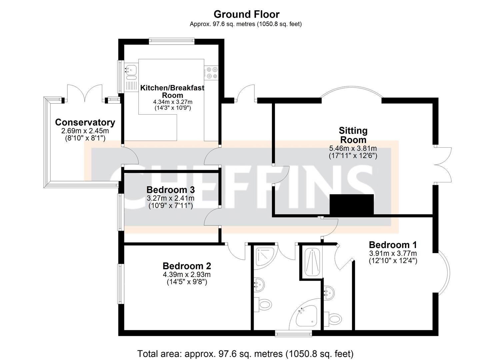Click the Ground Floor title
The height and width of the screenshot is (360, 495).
[246, 14]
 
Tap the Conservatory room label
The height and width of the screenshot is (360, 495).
[85, 122]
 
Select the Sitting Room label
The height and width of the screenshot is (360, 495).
[353, 135]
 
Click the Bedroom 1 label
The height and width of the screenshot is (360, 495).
[393, 245]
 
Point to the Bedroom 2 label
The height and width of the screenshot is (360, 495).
[187, 266]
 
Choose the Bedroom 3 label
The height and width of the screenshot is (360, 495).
[171, 190]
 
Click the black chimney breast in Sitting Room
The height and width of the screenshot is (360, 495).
[352, 204]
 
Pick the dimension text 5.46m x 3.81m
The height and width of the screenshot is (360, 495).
[353, 149]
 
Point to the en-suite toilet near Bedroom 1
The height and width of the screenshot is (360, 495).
[333, 319]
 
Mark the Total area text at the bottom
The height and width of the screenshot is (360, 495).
[245, 353]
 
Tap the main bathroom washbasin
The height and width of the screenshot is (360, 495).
[259, 285]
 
